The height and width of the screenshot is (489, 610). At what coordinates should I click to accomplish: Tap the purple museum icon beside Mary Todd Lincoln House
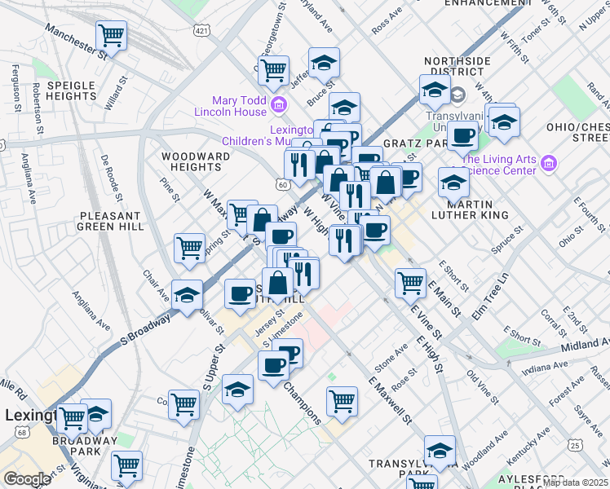279,104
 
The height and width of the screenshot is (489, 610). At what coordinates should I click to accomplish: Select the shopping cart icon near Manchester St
111,35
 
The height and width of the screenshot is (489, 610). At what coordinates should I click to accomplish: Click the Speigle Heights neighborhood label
72,90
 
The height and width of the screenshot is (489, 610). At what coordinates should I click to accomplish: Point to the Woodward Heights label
192,161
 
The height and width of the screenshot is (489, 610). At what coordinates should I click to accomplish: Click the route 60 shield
282,186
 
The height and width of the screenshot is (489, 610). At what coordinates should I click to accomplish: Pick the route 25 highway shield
576,445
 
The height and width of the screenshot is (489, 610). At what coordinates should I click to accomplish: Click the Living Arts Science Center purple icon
548,164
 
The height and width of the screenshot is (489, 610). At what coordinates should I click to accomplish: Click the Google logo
26,479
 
